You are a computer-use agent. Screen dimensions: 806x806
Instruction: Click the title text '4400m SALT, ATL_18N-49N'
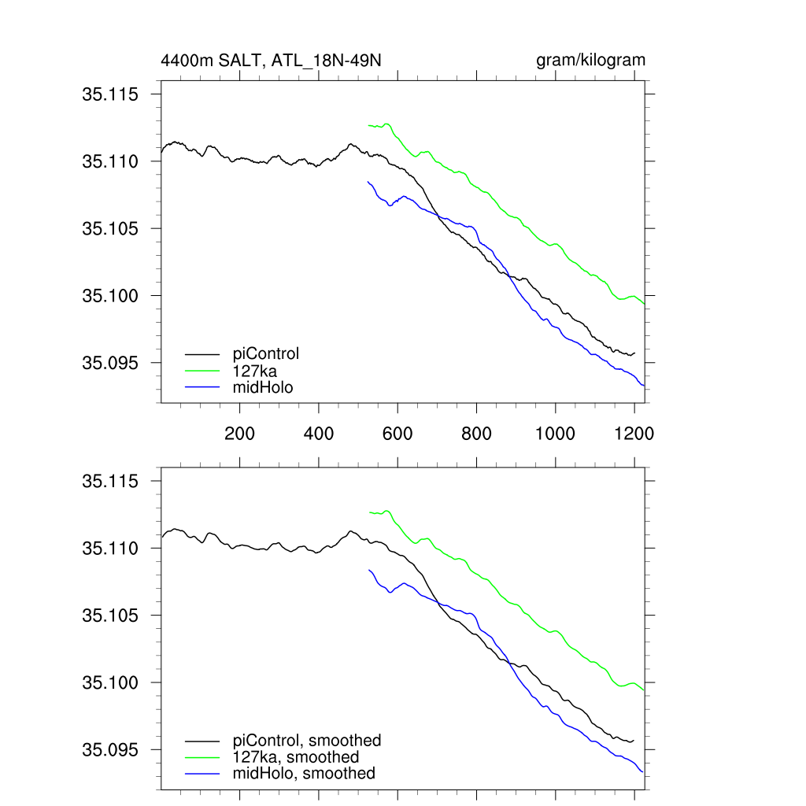(272, 61)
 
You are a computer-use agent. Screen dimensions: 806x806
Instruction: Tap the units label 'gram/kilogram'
(590, 61)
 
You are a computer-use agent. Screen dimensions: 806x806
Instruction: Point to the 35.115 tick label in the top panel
(109, 94)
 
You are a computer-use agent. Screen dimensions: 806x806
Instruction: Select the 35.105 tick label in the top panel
(109, 229)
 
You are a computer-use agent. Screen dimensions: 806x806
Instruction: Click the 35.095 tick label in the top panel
(109, 364)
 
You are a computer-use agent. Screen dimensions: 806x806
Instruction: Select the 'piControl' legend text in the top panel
(266, 353)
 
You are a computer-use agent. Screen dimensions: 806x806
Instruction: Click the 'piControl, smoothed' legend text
(307, 740)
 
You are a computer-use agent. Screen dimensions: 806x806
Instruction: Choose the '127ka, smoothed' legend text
(296, 756)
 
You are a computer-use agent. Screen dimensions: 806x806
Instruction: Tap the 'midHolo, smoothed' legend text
(304, 773)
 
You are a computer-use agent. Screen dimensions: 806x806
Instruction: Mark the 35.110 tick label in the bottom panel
(109, 549)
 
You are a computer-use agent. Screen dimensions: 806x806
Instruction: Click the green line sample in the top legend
(202, 370)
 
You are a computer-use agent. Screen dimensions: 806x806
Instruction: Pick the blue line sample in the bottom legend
(202, 774)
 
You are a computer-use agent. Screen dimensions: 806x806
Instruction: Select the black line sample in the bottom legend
(202, 741)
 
